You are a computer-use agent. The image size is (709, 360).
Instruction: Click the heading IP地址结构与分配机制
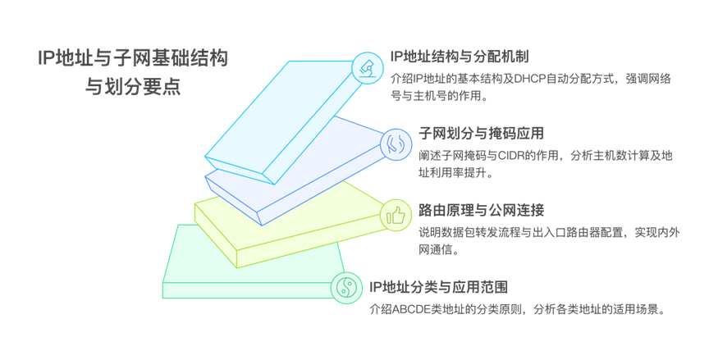point(460,57)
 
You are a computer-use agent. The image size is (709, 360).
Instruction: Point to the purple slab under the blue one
point(328,172)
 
